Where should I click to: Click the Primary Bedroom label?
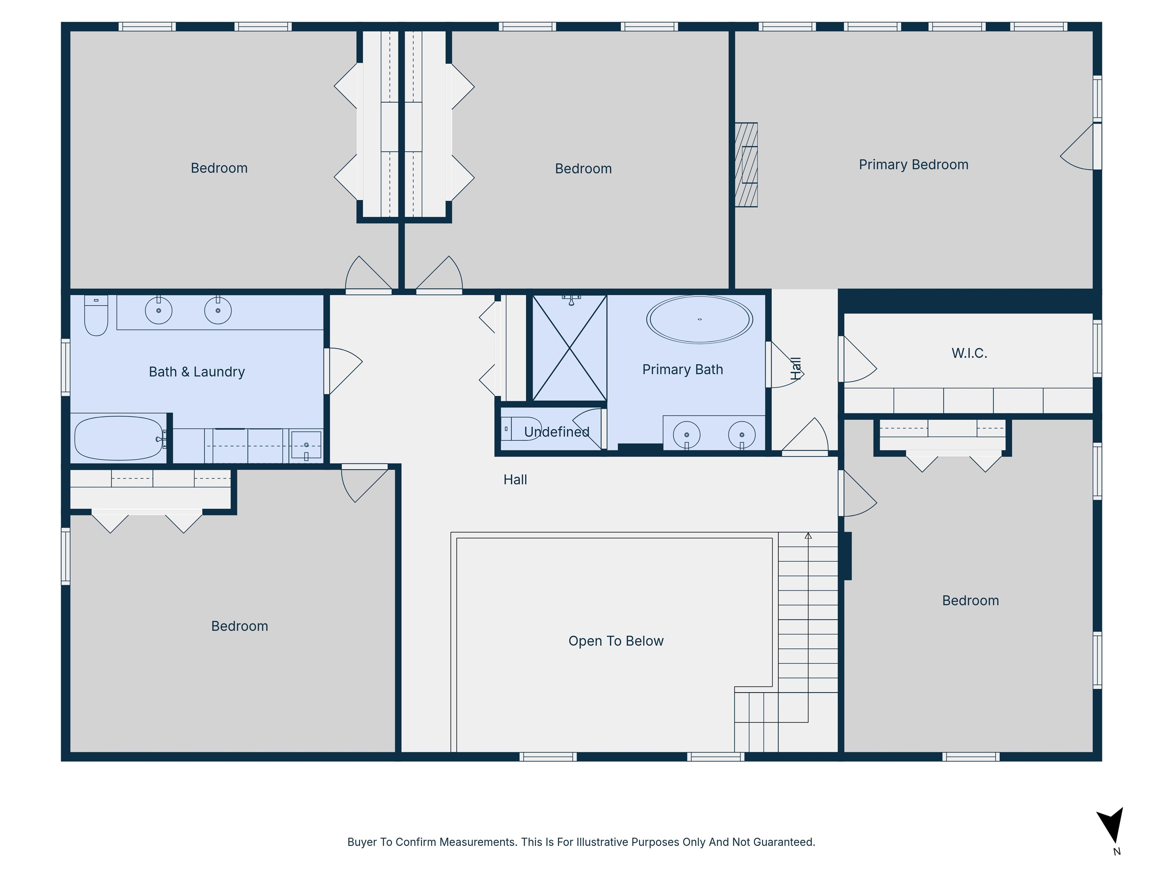click(913, 165)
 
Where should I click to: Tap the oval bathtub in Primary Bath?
click(699, 319)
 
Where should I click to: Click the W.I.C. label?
click(969, 353)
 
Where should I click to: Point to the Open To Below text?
click(616, 641)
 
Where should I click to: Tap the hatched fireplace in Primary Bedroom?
click(746, 165)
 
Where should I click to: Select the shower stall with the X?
click(569, 348)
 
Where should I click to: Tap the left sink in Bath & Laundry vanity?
click(158, 310)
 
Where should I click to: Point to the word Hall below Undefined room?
click(515, 480)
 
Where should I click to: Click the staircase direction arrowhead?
click(808, 536)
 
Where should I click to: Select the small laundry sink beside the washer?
click(306, 445)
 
